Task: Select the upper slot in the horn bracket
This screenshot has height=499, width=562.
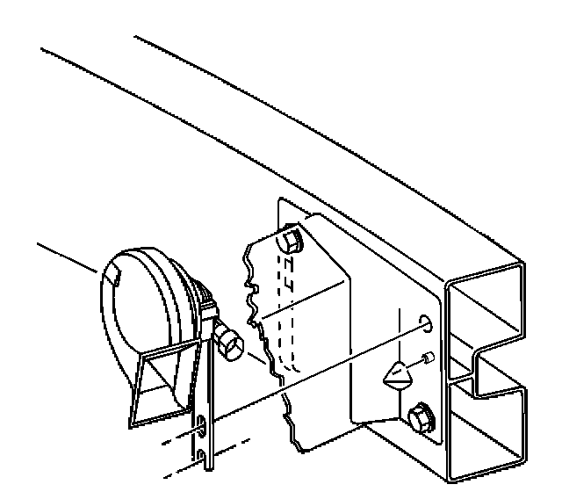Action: [x=201, y=427]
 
